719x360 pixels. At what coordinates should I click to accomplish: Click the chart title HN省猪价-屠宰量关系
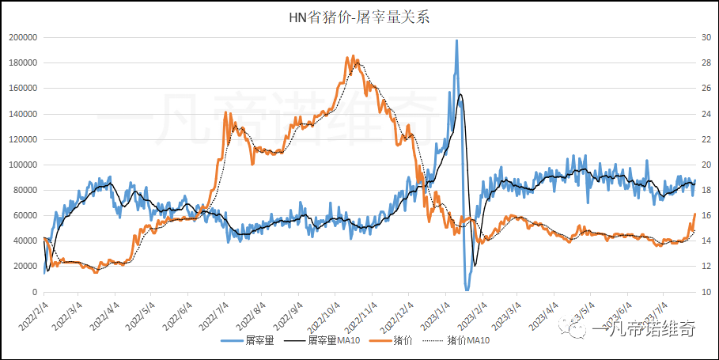point(359,17)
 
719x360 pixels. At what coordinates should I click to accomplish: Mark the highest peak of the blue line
point(456,40)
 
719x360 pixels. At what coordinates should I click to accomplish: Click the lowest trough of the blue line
point(467,290)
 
